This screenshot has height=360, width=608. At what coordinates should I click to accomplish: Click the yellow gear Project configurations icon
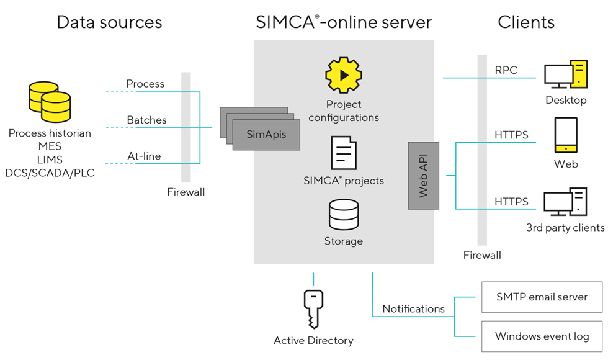tap(343, 75)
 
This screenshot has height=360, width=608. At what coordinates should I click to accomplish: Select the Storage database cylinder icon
tap(343, 215)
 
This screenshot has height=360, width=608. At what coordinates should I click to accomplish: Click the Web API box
tap(424, 176)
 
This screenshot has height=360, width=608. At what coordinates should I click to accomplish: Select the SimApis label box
tap(266, 134)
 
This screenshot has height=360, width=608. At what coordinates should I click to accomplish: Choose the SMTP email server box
tap(542, 297)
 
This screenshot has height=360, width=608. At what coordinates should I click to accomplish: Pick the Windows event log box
tap(542, 336)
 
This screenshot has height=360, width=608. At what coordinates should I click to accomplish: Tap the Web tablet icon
tap(566, 136)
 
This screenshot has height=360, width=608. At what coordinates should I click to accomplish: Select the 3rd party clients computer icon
tap(565, 202)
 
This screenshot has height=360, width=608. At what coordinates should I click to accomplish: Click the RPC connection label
tap(506, 70)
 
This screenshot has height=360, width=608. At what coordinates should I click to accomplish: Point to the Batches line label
tap(146, 120)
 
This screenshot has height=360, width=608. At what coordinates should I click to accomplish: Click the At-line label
tap(144, 156)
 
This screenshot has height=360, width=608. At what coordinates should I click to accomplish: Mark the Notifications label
tap(413, 308)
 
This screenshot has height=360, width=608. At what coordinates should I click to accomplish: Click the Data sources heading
tap(109, 23)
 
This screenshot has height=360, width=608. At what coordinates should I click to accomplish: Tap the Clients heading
tap(526, 23)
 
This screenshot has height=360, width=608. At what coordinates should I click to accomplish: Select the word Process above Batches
tap(145, 84)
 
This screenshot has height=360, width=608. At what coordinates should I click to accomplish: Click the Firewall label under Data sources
tap(186, 192)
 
